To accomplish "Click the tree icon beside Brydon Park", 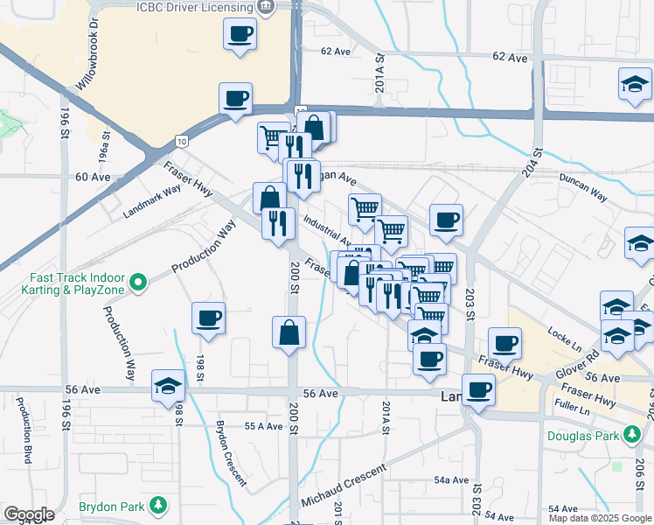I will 158,506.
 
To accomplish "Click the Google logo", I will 29,514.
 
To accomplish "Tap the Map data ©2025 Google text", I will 601,518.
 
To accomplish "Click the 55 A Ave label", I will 263,426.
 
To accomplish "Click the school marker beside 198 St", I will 167,386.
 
